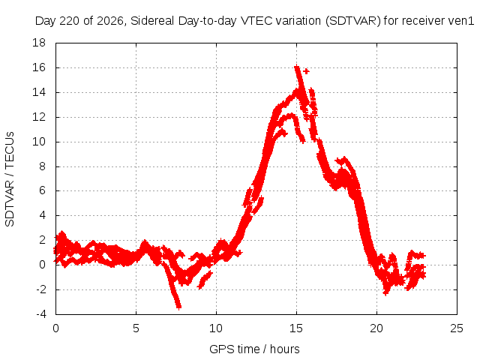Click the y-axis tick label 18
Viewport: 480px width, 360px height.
click(39, 43)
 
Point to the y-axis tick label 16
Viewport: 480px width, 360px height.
click(39, 67)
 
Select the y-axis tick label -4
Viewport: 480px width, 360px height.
click(40, 314)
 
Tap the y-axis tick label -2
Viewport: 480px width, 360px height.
click(40, 289)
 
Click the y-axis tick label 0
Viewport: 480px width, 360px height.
click(43, 265)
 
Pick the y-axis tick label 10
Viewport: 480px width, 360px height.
click(39, 142)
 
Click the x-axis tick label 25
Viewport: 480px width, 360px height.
click(457, 328)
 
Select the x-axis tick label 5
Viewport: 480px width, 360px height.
click(136, 328)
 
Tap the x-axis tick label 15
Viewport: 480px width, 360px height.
click(296, 328)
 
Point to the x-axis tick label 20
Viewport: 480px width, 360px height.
click(376, 328)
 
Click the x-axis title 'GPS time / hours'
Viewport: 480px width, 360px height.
click(254, 349)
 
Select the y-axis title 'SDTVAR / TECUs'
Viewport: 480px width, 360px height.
click(10, 179)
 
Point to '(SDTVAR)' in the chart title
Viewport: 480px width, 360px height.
click(352, 21)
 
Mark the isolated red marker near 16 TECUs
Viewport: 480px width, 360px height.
click(306, 71)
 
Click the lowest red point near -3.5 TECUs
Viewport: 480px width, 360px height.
click(179, 307)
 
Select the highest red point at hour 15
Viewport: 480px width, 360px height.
click(296, 67)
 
